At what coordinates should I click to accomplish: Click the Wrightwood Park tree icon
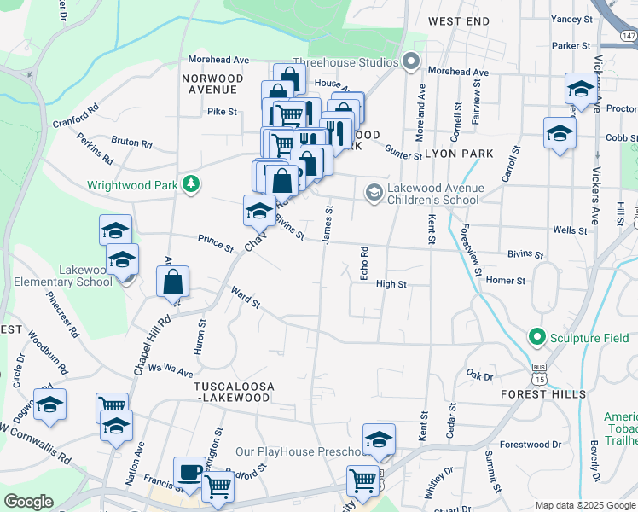(x=194, y=183)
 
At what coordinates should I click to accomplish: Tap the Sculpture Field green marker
(x=536, y=338)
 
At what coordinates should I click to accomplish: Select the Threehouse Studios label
(x=345, y=62)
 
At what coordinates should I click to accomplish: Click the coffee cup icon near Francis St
(x=189, y=471)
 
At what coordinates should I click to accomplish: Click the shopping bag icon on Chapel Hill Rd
(x=172, y=281)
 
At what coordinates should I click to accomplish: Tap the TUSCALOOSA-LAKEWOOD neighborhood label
(x=228, y=393)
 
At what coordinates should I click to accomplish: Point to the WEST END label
(x=459, y=20)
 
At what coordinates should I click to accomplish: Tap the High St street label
(x=391, y=284)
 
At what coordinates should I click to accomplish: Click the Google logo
(x=28, y=502)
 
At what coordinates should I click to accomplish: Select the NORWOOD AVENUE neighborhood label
(x=211, y=84)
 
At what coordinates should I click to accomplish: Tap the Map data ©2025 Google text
(x=586, y=505)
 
